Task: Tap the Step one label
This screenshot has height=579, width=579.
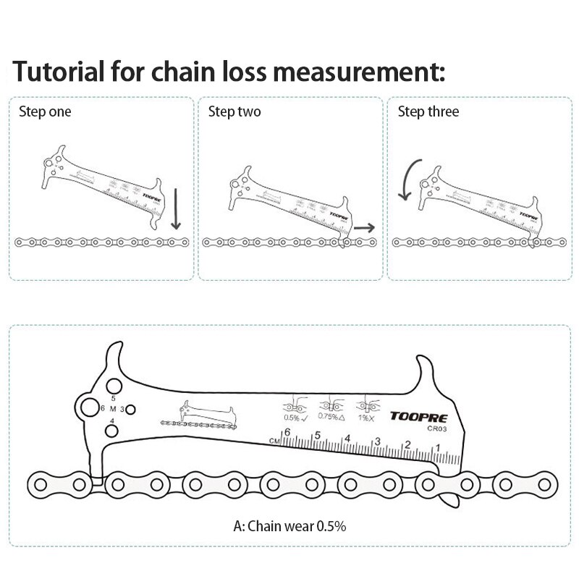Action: click(45, 111)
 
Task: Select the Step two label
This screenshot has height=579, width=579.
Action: click(234, 111)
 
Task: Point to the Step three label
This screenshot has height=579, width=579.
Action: click(428, 111)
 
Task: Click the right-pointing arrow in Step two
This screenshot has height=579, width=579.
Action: click(365, 227)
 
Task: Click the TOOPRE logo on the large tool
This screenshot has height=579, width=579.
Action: click(419, 417)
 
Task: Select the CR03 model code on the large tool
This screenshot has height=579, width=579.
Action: click(437, 428)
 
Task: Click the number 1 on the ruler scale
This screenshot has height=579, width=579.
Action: click(436, 449)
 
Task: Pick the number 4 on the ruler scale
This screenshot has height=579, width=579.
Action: click(347, 439)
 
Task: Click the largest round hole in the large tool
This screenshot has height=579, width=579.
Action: click(89, 407)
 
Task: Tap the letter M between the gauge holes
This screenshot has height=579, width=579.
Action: click(112, 409)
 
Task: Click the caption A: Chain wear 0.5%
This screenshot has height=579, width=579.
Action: click(289, 526)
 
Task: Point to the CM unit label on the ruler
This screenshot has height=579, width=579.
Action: click(274, 440)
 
